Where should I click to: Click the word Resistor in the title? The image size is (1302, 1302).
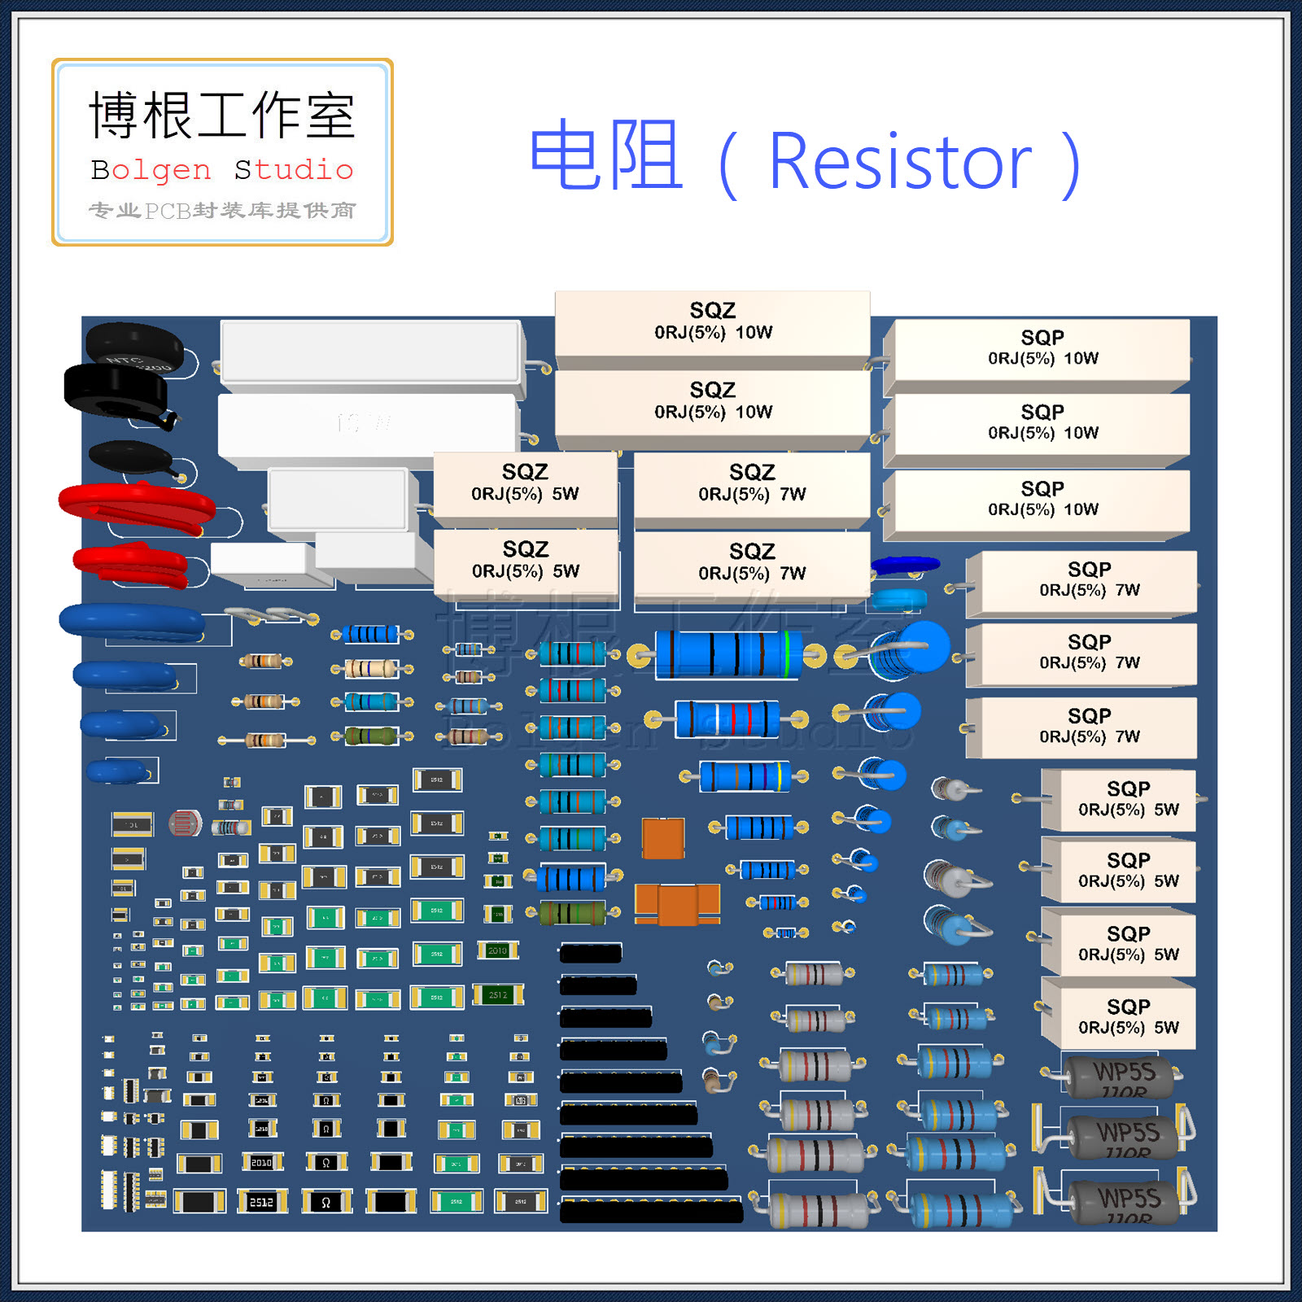point(900,162)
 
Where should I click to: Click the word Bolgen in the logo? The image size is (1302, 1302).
point(151,170)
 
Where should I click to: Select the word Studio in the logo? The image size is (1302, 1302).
point(294,170)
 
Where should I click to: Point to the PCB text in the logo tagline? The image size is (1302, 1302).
point(168,211)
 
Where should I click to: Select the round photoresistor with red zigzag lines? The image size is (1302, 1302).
point(185,824)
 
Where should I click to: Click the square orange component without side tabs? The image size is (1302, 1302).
point(663,837)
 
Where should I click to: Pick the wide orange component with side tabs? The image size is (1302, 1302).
point(677,904)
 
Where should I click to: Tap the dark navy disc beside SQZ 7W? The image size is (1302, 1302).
point(905,564)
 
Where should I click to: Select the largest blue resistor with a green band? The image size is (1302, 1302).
point(728,653)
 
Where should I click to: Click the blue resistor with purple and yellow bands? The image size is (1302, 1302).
point(745,776)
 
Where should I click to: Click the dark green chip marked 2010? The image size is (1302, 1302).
point(498,950)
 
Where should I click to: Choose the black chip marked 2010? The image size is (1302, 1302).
point(261,1163)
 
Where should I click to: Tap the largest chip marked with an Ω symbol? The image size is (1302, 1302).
point(326,1201)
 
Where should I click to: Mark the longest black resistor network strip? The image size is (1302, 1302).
point(651,1211)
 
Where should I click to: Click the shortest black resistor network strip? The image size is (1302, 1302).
point(591,953)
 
